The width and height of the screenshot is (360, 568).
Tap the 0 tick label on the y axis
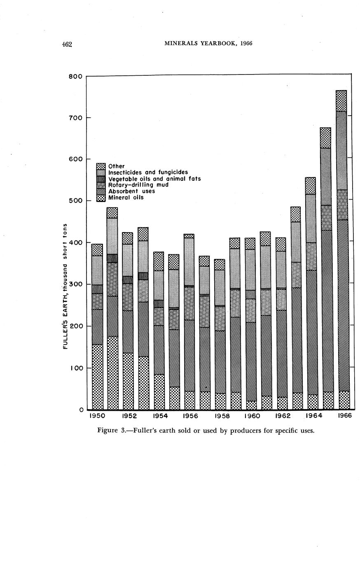click(x=81, y=410)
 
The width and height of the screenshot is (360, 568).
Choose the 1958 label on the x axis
click(x=222, y=416)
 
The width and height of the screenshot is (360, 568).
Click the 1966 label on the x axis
click(x=344, y=416)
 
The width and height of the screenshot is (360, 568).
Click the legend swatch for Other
click(x=101, y=166)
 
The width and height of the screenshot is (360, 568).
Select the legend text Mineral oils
click(x=126, y=198)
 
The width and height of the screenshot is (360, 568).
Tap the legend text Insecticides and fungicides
click(x=148, y=172)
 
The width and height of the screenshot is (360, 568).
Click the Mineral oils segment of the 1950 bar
click(x=97, y=377)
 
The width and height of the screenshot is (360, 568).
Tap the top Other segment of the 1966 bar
click(x=341, y=101)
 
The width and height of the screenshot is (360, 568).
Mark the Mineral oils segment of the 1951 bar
click(x=112, y=372)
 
